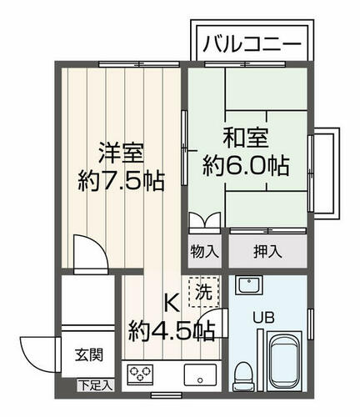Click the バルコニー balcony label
pyautogui.click(x=252, y=44)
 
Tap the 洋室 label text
pyautogui.click(x=122, y=153)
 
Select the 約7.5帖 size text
pyautogui.click(x=122, y=181)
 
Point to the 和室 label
pyautogui.click(x=246, y=138)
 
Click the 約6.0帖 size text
pyautogui.click(x=246, y=166)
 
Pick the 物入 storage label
pyautogui.click(x=205, y=252)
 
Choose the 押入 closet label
pyautogui.click(x=267, y=252)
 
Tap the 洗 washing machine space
pyautogui.click(x=203, y=292)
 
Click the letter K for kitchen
pyautogui.click(x=172, y=304)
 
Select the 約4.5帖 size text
pyautogui.click(x=172, y=331)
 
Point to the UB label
pyautogui.click(x=263, y=318)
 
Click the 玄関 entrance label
pyautogui.click(x=89, y=355)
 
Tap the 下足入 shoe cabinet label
pyautogui.click(x=96, y=385)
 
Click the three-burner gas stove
pyautogui.click(x=140, y=374)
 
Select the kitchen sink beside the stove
pyautogui.click(x=200, y=374)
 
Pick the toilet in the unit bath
pyautogui.click(x=243, y=376)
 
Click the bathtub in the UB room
pyautogui.click(x=284, y=362)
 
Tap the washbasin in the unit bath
pyautogui.click(x=249, y=285)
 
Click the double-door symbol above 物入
pyautogui.click(x=205, y=220)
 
